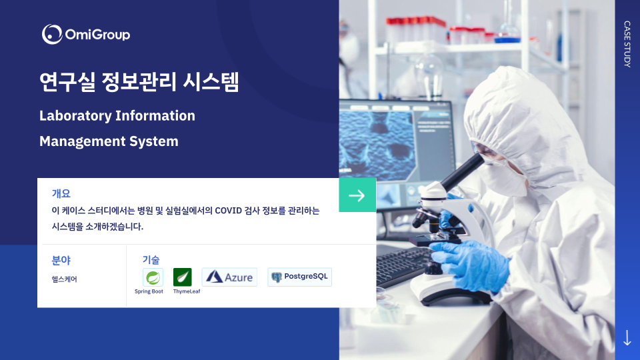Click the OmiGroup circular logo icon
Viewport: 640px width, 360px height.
point(52,34)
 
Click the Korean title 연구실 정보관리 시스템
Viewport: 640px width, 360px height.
point(139,81)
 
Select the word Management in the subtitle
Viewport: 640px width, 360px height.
point(82,141)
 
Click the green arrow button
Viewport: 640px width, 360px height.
point(357,195)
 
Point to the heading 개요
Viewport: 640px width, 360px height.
point(61,193)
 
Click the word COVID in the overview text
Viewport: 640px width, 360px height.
point(228,211)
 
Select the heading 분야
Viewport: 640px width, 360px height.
point(61,260)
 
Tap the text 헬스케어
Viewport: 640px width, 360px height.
point(65,279)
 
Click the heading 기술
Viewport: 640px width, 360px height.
point(151,259)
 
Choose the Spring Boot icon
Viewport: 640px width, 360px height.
point(153,277)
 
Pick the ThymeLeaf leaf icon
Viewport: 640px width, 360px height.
point(183,277)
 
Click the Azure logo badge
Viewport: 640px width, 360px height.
point(229,277)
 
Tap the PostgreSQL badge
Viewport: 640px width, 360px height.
point(299,277)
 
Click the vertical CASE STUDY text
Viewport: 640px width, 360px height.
point(627,44)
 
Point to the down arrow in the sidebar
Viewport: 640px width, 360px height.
point(627,337)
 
